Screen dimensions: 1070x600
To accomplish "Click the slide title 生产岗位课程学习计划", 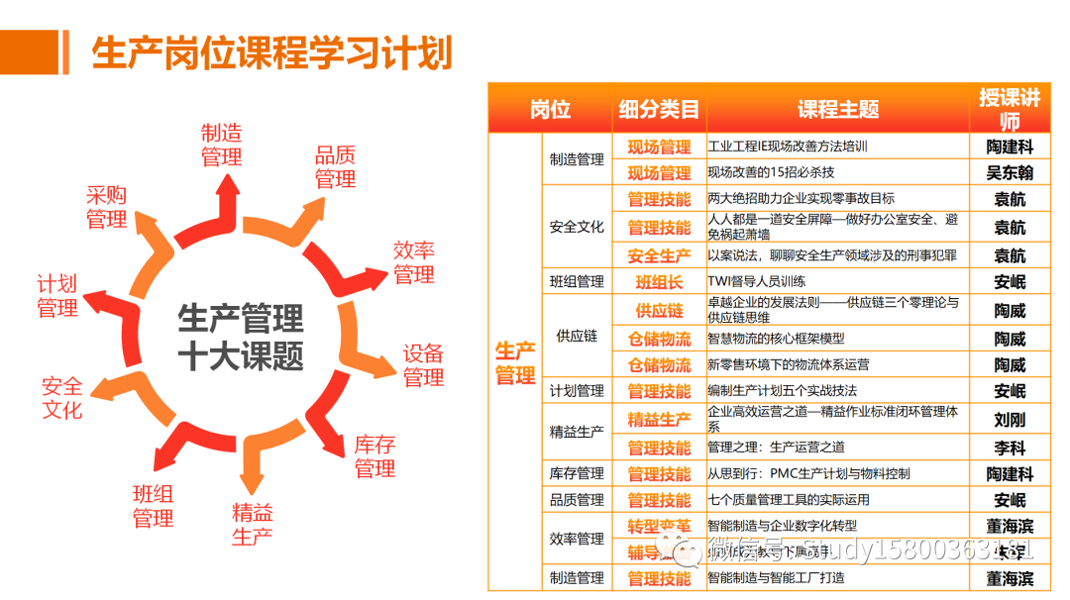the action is [x=271, y=52].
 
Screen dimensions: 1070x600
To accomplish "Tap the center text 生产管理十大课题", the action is [x=241, y=337].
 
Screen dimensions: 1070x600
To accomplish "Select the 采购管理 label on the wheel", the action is [x=106, y=207].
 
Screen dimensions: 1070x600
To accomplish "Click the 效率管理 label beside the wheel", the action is [x=414, y=262].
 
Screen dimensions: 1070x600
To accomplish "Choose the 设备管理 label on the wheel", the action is [x=423, y=365].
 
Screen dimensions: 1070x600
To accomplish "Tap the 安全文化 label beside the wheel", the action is [x=61, y=397].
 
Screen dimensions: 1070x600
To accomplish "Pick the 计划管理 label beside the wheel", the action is [x=57, y=297].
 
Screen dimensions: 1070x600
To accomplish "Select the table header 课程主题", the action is [x=838, y=110].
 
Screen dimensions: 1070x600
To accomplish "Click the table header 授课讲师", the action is [x=1010, y=110].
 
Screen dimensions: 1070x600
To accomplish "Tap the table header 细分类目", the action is [x=659, y=110].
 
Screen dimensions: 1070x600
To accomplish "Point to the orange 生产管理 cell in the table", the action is [x=515, y=363].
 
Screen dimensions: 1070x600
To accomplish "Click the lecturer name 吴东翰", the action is [x=1010, y=173].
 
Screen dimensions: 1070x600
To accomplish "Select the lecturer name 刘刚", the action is [x=1010, y=420].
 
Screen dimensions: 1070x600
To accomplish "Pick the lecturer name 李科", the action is [x=1010, y=448].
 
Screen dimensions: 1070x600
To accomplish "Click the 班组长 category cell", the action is [x=659, y=282].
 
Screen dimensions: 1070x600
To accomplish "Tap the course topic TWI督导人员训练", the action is [x=756, y=282].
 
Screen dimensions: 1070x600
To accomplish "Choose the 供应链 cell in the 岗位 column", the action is [x=577, y=337].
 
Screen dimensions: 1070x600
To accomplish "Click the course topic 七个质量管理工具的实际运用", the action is [x=789, y=500].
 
